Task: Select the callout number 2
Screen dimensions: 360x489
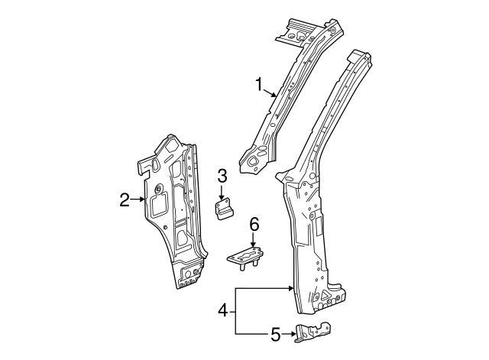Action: click(x=125, y=200)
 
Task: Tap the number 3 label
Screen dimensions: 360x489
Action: click(x=222, y=177)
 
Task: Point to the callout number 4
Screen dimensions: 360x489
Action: click(x=222, y=310)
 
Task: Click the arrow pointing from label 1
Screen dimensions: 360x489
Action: click(x=270, y=94)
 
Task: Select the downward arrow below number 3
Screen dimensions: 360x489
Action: click(x=222, y=196)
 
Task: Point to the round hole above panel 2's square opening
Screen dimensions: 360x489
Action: click(x=157, y=189)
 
